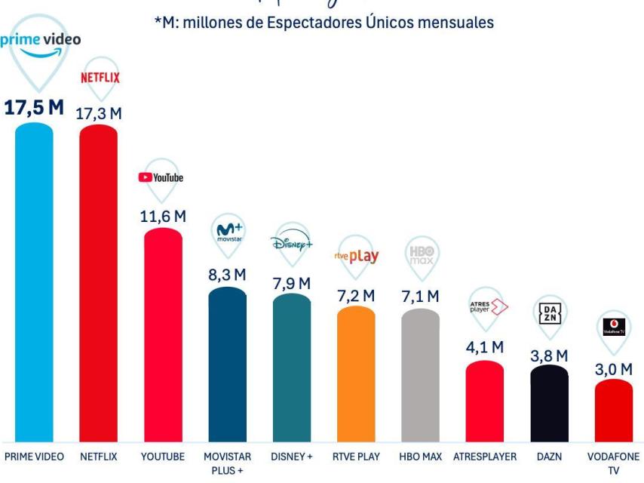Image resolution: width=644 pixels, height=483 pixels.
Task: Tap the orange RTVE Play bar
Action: click(x=356, y=374)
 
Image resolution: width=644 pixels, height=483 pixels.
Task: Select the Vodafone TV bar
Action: click(x=613, y=411)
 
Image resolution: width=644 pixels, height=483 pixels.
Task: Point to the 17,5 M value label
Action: click(x=35, y=107)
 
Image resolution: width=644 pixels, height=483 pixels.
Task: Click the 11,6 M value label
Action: click(x=163, y=216)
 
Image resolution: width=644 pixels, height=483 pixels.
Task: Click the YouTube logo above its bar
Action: click(x=161, y=177)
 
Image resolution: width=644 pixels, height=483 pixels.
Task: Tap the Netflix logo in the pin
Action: click(x=100, y=77)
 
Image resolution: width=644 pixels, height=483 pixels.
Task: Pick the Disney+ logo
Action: click(x=291, y=243)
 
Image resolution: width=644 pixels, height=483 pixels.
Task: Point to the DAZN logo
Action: click(x=549, y=312)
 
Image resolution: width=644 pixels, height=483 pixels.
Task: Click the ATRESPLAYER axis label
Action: click(x=485, y=457)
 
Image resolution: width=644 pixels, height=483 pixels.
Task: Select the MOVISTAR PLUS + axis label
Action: click(x=227, y=463)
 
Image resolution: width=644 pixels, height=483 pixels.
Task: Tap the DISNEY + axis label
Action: click(x=291, y=457)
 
